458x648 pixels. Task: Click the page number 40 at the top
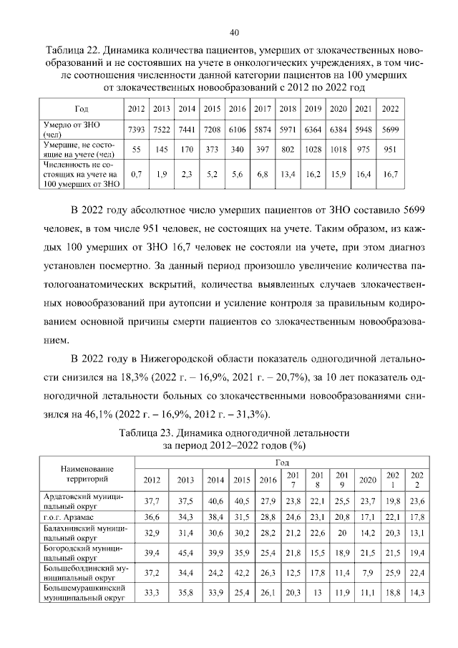pyautogui.click(x=234, y=32)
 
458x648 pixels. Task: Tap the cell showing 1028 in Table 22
pyautogui.click(x=313, y=150)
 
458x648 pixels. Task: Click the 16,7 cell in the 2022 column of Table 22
pyautogui.click(x=391, y=174)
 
